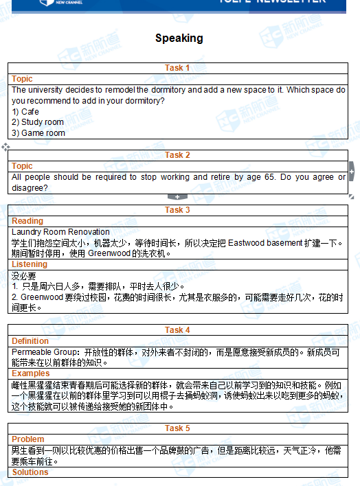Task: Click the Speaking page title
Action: [179, 38]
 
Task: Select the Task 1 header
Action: [177, 68]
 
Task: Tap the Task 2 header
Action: [177, 155]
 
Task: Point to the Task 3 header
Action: [177, 210]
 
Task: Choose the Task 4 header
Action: [177, 330]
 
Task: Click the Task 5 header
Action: [177, 428]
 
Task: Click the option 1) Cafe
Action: [25, 112]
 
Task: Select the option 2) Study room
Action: [38, 122]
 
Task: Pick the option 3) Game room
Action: [38, 133]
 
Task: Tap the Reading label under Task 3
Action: [27, 221]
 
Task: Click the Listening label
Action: [30, 264]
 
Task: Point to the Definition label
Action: [30, 341]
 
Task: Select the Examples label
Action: [31, 373]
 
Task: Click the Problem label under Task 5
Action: [28, 439]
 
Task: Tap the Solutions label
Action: [30, 472]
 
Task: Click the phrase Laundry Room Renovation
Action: [60, 232]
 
